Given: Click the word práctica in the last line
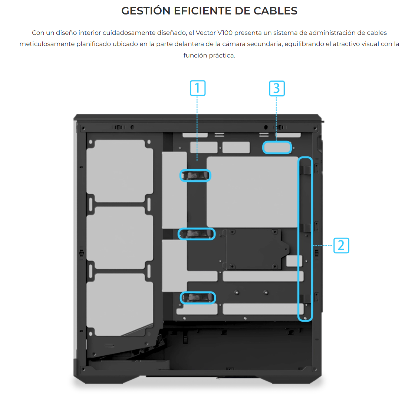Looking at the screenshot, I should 223,56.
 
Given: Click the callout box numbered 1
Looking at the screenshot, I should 197,88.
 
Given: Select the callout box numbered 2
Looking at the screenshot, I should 341,245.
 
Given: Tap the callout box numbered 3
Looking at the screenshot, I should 277,88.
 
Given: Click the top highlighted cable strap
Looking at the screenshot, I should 195,175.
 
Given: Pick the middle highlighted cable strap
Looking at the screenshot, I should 197,234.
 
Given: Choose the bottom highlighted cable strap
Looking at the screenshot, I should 198,298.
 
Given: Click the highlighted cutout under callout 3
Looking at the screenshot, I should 277,147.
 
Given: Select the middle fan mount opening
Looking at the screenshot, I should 119,237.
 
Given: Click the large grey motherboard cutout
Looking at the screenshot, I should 252,192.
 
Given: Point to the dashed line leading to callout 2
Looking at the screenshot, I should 323,246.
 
